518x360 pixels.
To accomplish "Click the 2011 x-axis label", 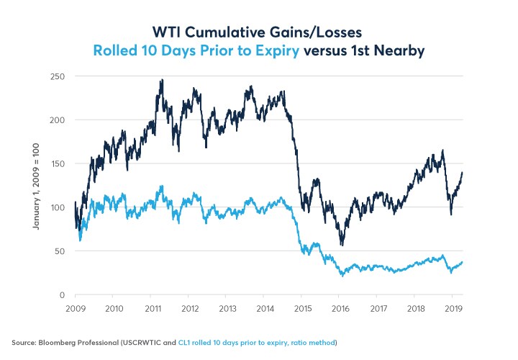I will (151, 309).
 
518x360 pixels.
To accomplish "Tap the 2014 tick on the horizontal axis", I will (265, 309).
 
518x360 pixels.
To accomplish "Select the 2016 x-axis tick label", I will (340, 309).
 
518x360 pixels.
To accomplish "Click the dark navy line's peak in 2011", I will (162, 80).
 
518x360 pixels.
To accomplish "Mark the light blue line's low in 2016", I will (342, 275).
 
